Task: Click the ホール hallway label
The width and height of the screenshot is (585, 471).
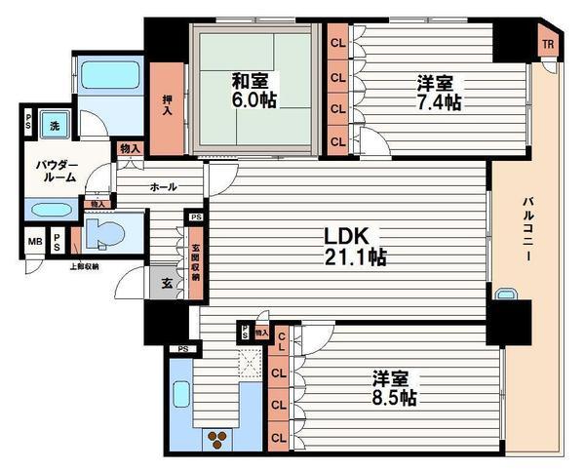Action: (x=163, y=186)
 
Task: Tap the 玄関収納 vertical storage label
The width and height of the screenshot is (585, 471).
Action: (x=196, y=260)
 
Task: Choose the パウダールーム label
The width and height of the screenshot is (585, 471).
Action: (x=51, y=174)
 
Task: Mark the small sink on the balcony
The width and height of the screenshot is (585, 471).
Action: (x=505, y=294)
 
